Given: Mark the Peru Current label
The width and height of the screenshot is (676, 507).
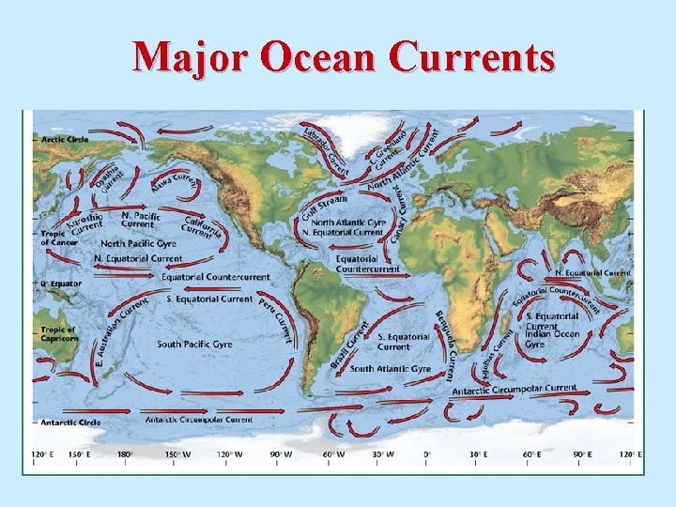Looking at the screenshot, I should [275, 320].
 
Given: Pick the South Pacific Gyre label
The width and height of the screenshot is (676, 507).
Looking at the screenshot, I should [194, 345].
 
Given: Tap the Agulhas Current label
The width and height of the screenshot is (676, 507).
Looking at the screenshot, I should [500, 346].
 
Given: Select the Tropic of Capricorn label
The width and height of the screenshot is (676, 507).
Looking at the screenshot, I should [56, 334].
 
